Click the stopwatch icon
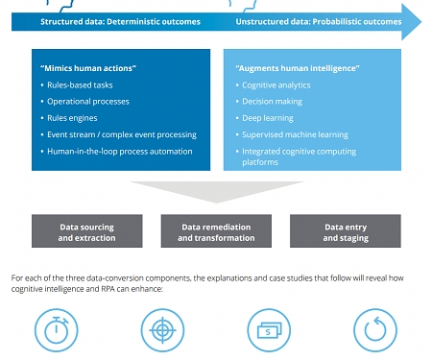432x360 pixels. coord(56,329)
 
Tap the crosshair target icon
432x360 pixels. coord(161,330)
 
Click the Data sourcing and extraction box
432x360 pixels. coord(87,232)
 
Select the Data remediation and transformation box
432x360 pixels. coord(216,232)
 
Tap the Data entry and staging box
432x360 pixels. coord(344,232)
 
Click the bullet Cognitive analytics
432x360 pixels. coord(278,85)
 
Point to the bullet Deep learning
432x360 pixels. coord(269,118)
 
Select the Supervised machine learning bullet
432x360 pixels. coord(293,134)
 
